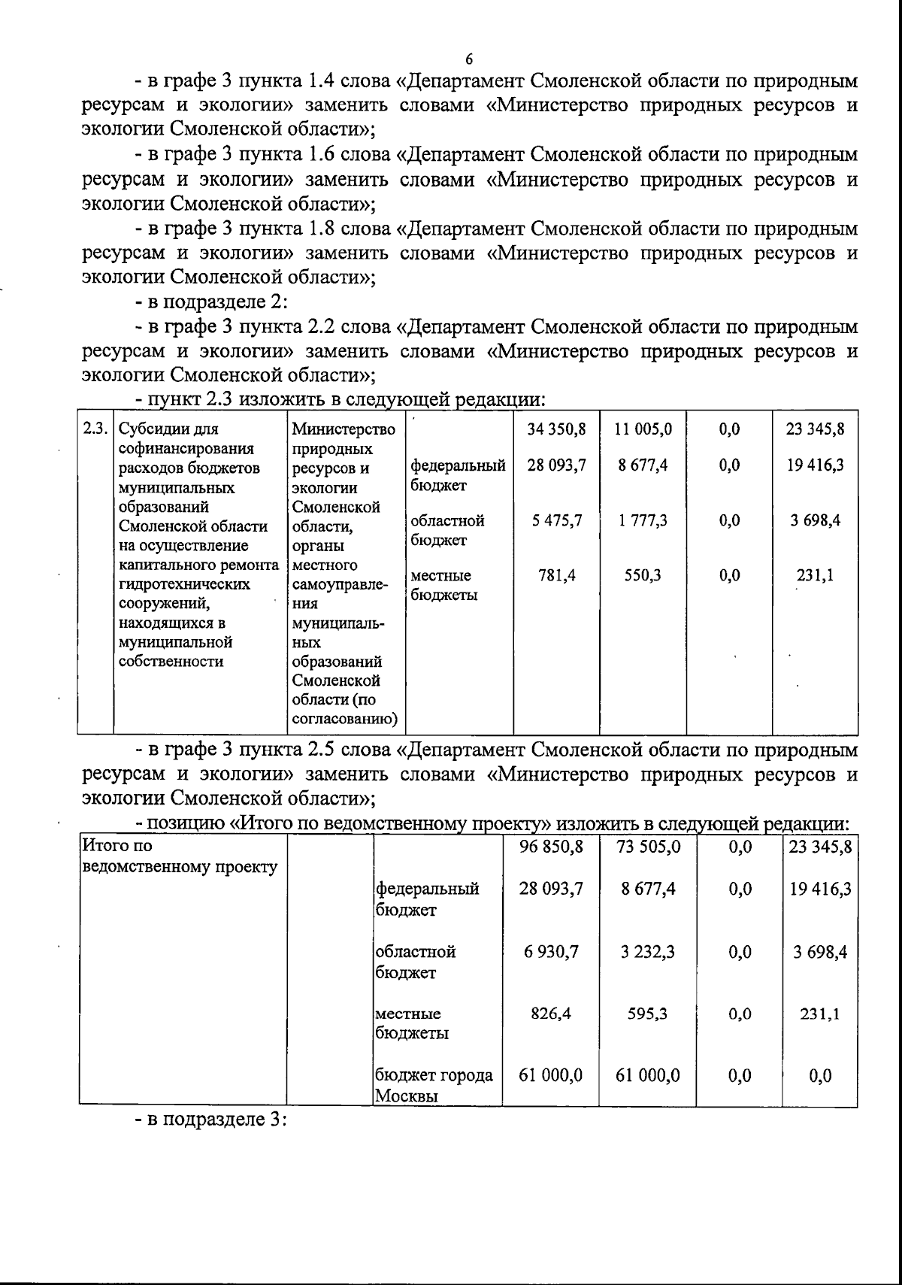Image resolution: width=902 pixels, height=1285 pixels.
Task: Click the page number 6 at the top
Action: click(469, 59)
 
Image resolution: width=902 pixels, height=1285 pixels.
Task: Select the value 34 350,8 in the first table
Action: click(556, 429)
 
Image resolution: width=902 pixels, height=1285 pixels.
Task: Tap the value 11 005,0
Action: click(643, 429)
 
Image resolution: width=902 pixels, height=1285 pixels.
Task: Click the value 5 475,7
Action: click(556, 520)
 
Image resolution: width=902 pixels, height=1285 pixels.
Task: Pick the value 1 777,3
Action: click(643, 520)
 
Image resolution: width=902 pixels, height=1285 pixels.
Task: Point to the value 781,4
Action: click(557, 575)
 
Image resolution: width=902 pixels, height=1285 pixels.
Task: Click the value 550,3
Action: click(643, 575)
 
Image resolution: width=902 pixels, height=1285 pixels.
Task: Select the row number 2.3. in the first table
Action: click(95, 429)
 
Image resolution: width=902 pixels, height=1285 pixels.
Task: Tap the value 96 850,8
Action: click(551, 847)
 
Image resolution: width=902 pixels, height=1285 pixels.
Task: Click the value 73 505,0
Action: click(648, 847)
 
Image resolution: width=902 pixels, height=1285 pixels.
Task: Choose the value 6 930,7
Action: click(551, 952)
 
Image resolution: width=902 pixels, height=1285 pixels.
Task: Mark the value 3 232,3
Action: click(648, 952)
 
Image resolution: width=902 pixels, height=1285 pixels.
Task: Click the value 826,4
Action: click(551, 1014)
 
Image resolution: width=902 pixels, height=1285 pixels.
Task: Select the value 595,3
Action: click(648, 1014)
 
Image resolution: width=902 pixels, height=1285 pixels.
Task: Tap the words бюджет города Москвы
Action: click(434, 1085)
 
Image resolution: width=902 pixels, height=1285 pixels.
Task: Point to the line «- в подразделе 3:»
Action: click(212, 1119)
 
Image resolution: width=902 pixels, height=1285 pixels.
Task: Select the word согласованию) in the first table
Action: click(344, 720)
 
